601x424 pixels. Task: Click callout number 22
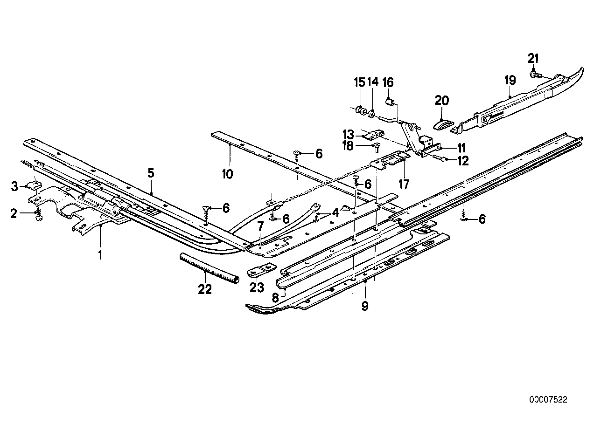point(204,289)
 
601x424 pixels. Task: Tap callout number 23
point(257,287)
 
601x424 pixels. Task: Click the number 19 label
point(510,80)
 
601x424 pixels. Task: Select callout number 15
point(359,82)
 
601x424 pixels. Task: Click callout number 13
point(349,134)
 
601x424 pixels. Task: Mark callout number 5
point(151,173)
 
